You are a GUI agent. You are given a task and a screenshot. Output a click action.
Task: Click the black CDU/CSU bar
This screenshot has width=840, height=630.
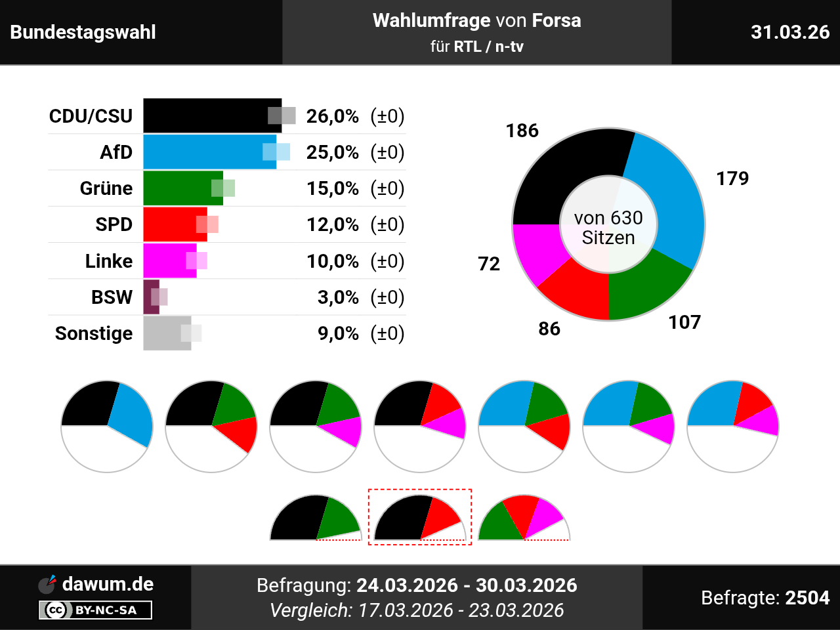[213, 115]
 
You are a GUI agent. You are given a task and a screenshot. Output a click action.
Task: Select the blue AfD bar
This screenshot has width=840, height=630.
[210, 152]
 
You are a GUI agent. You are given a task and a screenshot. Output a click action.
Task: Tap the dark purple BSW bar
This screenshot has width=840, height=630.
[151, 297]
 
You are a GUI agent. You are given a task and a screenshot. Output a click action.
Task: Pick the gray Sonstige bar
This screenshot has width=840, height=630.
[167, 333]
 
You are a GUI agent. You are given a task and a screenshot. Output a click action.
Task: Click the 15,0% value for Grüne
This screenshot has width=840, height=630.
[333, 188]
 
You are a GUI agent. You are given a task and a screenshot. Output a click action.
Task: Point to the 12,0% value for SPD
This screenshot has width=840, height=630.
[333, 224]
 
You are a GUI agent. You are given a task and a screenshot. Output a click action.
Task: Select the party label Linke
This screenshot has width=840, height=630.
[109, 261]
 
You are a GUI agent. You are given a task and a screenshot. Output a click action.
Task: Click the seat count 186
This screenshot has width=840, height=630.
[522, 131]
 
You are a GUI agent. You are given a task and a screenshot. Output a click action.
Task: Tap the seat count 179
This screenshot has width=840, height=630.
[732, 178]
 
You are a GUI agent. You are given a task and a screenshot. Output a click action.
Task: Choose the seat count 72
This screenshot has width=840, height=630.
[489, 264]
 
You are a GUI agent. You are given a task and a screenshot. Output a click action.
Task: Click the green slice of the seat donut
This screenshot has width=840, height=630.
[647, 287]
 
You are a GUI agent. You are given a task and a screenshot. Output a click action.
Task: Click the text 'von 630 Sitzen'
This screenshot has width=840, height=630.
[608, 228]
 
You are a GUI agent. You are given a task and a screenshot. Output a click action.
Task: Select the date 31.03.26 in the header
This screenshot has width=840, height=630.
[790, 32]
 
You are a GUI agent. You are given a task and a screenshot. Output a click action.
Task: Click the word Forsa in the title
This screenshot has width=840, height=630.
[556, 20]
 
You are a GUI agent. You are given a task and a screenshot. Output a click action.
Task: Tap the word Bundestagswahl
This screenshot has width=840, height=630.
[83, 32]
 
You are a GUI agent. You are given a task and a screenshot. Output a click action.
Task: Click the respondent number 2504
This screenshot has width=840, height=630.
[807, 597]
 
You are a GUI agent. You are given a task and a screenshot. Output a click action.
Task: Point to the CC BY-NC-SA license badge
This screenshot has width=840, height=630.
[95, 610]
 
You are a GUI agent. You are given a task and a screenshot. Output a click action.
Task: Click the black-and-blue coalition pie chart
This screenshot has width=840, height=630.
[107, 426]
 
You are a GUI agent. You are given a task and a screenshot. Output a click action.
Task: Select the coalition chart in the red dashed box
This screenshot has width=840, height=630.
[420, 516]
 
